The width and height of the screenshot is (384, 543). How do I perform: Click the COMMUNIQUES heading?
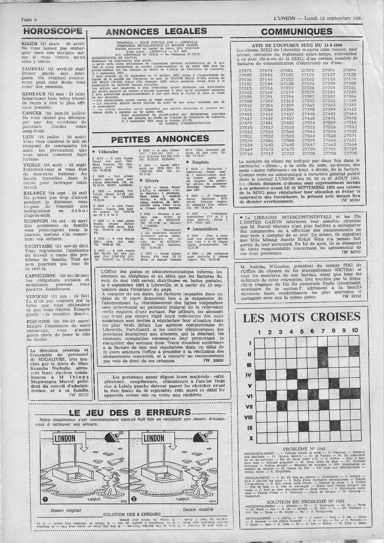coord(297,32)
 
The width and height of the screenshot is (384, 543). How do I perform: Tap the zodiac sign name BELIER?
coord(31,44)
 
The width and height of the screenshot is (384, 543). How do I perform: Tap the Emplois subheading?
coord(200,162)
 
